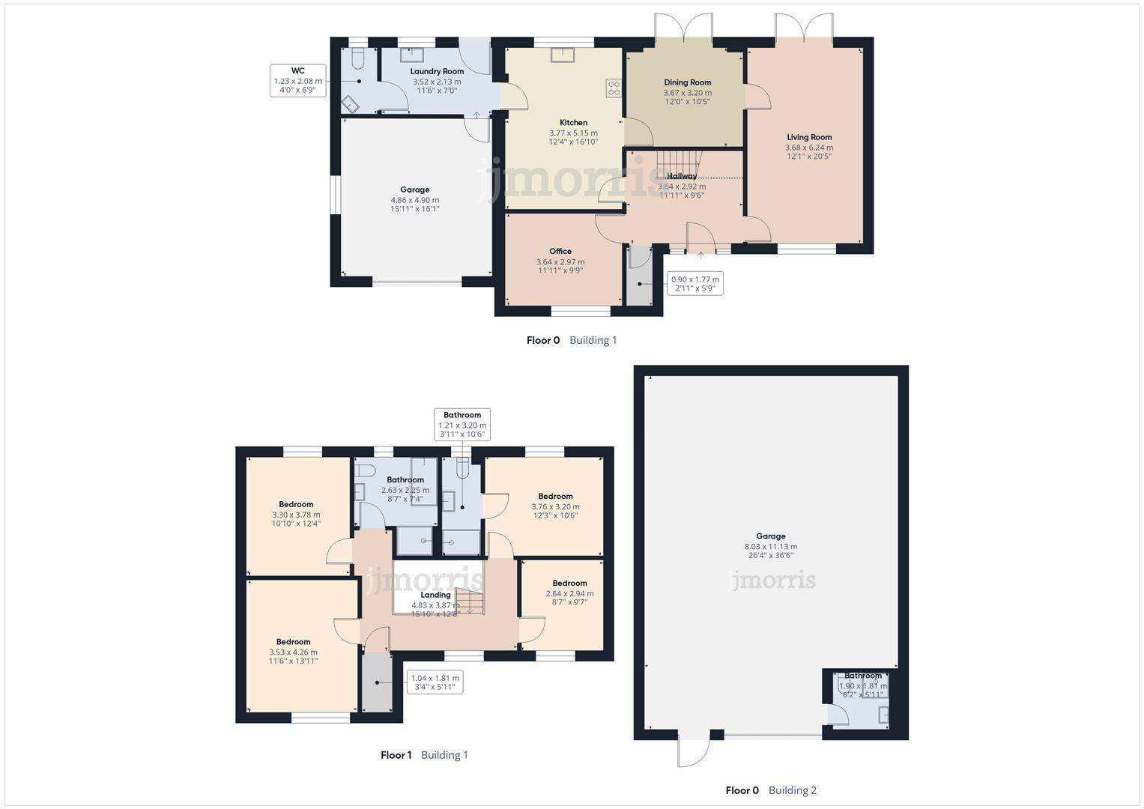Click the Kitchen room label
tap(573, 123)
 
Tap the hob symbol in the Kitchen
tap(614, 88)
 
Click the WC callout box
tap(297, 80)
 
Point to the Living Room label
tap(809, 137)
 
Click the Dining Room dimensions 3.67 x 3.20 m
tap(687, 93)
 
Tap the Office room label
tap(560, 252)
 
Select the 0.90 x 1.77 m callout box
tap(694, 284)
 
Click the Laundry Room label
tap(437, 72)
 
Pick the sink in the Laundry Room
tap(411, 55)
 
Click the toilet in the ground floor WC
tap(358, 58)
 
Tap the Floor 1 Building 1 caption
tap(424, 755)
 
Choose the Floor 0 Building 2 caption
tap(771, 790)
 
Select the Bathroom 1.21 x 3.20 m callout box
tap(462, 425)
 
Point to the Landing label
tap(435, 595)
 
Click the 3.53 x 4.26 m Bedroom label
tap(293, 642)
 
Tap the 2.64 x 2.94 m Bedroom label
tap(569, 584)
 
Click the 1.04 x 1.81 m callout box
tap(435, 682)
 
